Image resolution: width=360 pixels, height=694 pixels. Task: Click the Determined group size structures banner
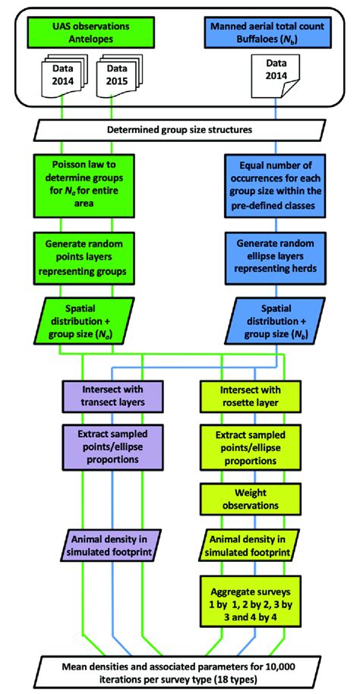coord(180,131)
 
